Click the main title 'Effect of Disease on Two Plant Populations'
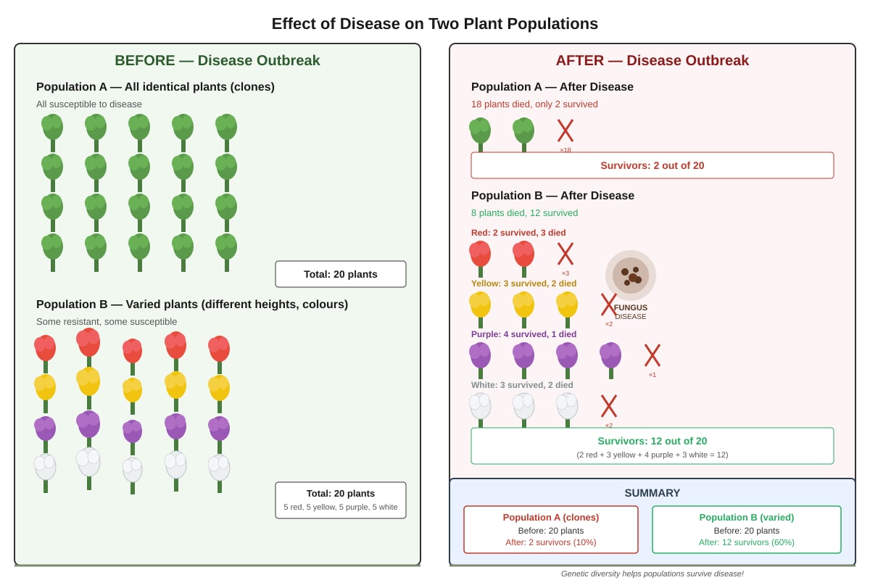coord(434,24)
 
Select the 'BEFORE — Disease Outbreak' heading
coord(217,61)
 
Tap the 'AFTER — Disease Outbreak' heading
coord(652,61)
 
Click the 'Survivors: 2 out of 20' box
coord(652,165)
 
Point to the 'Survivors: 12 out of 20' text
coord(652,441)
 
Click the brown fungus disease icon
coord(631,275)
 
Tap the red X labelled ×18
coord(565,130)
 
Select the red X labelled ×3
coord(565,254)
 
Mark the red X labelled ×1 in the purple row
coord(652,355)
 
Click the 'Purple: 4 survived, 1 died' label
coord(523,334)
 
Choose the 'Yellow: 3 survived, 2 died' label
coord(523,283)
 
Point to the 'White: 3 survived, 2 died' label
coord(522,385)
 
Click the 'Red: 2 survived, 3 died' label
coord(518,233)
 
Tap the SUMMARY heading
coord(652,493)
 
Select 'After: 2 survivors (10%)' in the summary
coord(551,542)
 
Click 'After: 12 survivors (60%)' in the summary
coord(747,542)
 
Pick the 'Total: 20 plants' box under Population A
coord(341,274)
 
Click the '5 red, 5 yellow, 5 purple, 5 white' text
coord(341,507)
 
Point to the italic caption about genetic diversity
coord(652,573)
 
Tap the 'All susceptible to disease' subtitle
coord(89,104)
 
